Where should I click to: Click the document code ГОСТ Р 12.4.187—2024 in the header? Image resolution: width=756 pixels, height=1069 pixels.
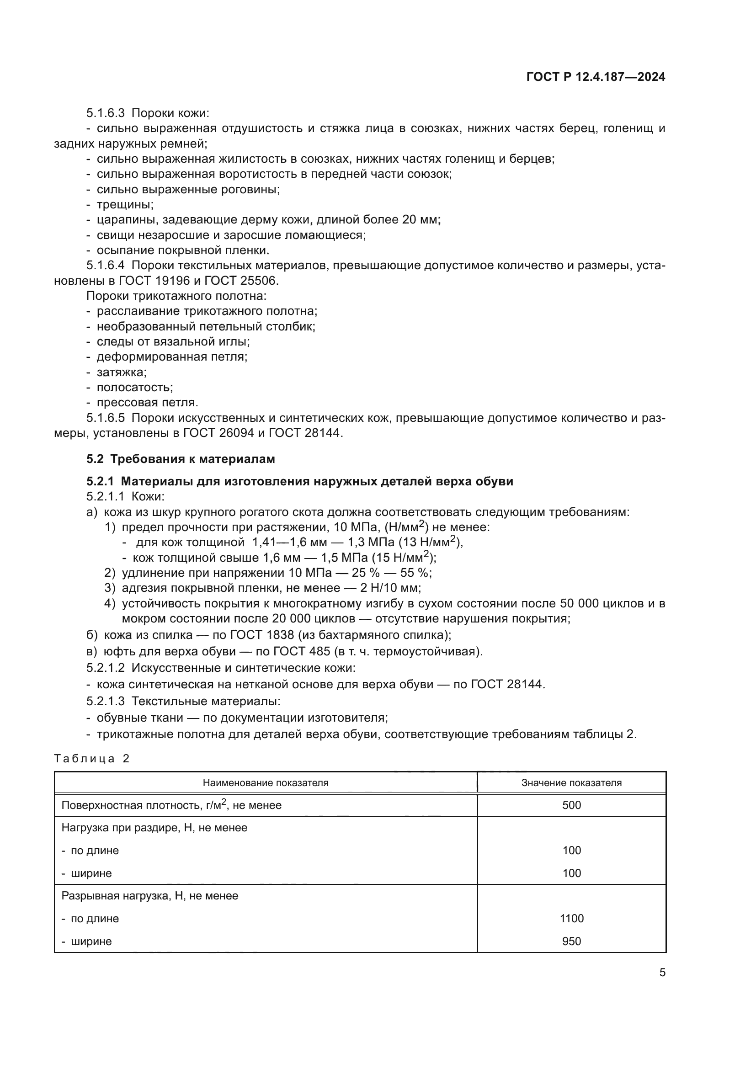click(x=596, y=77)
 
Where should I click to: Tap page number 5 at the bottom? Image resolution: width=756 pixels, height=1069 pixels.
click(x=662, y=972)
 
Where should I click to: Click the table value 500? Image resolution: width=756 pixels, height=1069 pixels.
click(x=571, y=805)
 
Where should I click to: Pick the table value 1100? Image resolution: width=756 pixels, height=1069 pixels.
click(x=571, y=918)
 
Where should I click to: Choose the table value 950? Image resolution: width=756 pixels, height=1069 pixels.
click(x=571, y=941)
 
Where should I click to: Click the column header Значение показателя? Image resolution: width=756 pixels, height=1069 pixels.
click(x=571, y=782)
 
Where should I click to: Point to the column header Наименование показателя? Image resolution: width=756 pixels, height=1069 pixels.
click(x=266, y=782)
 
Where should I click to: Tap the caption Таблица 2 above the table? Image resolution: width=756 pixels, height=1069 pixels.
click(x=92, y=759)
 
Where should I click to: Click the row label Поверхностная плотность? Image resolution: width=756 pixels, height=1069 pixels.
click(x=133, y=805)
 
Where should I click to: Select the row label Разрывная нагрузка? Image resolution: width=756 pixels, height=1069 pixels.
click(x=117, y=895)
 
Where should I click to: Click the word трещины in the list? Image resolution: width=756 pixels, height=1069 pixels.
click(x=125, y=204)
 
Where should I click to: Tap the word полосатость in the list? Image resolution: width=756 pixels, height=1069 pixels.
click(x=134, y=387)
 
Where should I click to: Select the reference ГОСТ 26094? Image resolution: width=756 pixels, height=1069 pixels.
click(x=218, y=432)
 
